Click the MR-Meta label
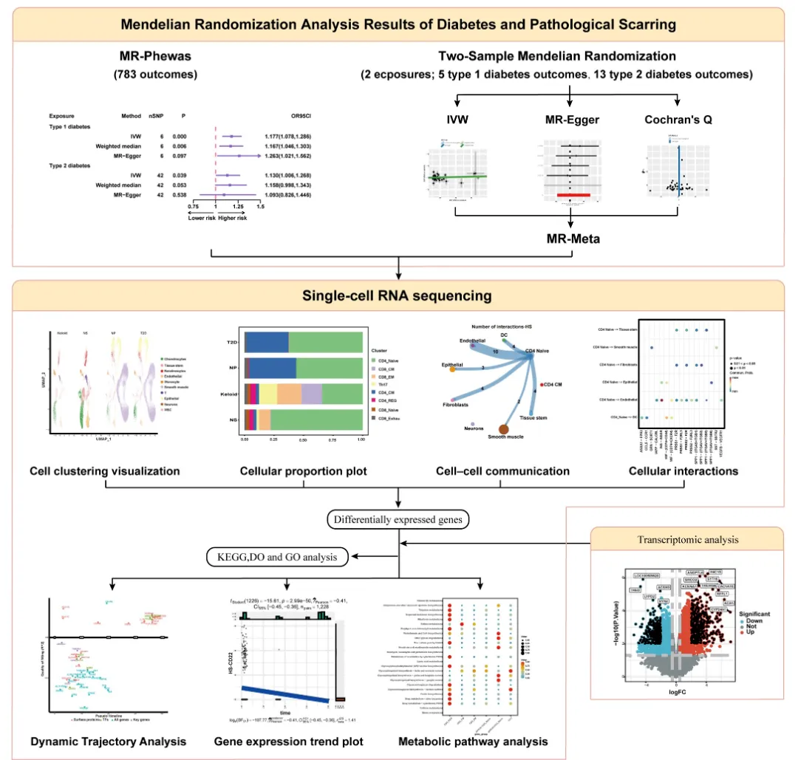click(570, 239)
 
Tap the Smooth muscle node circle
click(505, 429)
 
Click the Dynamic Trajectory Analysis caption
click(108, 741)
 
